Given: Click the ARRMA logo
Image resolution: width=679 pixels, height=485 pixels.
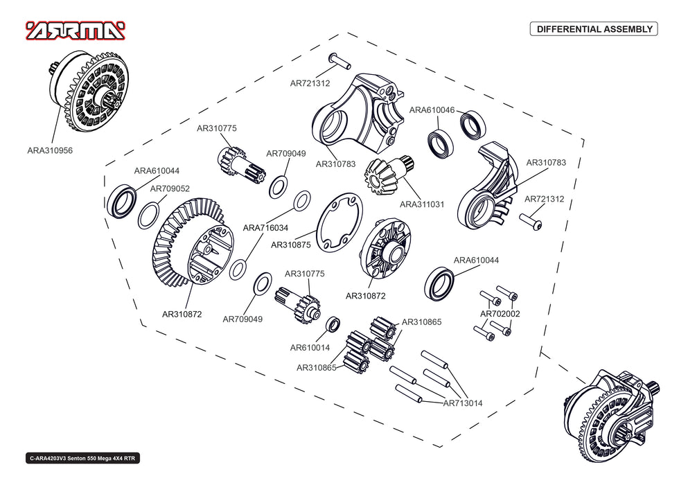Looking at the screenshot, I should pos(76,30).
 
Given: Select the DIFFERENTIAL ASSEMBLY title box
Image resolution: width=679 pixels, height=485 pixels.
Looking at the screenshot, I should pos(593,29).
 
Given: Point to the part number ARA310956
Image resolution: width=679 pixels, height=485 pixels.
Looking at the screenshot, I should pos(50,150).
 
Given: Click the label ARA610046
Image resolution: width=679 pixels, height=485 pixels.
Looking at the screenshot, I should pos(432,110).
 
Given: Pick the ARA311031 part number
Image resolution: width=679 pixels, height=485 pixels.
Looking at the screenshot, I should pos(423,204).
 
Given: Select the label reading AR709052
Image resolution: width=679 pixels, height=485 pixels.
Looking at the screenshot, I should pos(170,188).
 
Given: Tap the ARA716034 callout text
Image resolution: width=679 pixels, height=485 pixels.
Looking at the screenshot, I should pos(266,227).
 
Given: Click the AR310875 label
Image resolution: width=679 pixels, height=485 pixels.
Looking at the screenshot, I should pos(291,245).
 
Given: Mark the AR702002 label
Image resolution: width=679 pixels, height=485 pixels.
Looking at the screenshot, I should pos(500,314).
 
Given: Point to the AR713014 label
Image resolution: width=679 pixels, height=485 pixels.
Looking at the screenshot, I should pos(462,403).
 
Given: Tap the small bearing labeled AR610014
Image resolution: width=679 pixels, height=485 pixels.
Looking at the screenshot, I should pos(333,324).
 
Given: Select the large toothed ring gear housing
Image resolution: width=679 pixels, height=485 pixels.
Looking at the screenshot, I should pos(191,242).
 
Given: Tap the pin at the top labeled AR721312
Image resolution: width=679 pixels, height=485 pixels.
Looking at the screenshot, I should pos(339,60).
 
